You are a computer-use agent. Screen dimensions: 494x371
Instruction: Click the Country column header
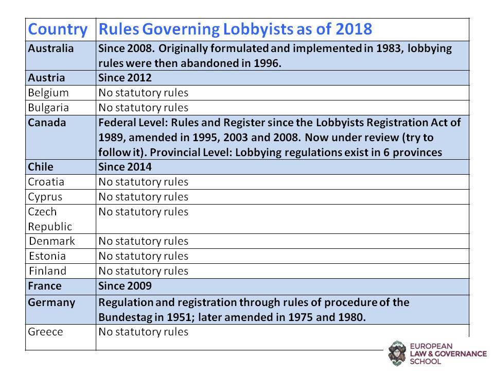click(58, 29)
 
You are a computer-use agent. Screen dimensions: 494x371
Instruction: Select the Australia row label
click(51, 48)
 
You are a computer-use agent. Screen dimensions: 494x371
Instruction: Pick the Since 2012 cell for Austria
click(125, 78)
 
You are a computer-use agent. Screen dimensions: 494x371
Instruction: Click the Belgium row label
click(48, 93)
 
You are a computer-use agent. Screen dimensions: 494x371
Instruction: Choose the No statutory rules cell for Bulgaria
click(144, 108)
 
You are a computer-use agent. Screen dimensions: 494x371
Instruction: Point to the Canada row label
click(47, 123)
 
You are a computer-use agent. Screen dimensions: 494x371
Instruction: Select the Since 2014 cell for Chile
click(125, 166)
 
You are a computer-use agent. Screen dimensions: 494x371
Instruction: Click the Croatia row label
click(46, 182)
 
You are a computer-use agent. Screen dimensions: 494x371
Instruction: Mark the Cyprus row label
click(45, 197)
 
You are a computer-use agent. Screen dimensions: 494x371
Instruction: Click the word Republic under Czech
click(50, 227)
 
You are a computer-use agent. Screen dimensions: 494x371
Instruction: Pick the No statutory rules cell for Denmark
click(144, 241)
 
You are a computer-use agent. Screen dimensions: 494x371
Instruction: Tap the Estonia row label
click(47, 256)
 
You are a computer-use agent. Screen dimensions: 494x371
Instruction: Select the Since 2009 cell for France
click(125, 286)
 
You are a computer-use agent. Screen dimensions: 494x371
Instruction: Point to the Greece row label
click(45, 332)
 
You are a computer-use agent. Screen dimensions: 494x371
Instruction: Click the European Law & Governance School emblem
click(397, 353)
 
